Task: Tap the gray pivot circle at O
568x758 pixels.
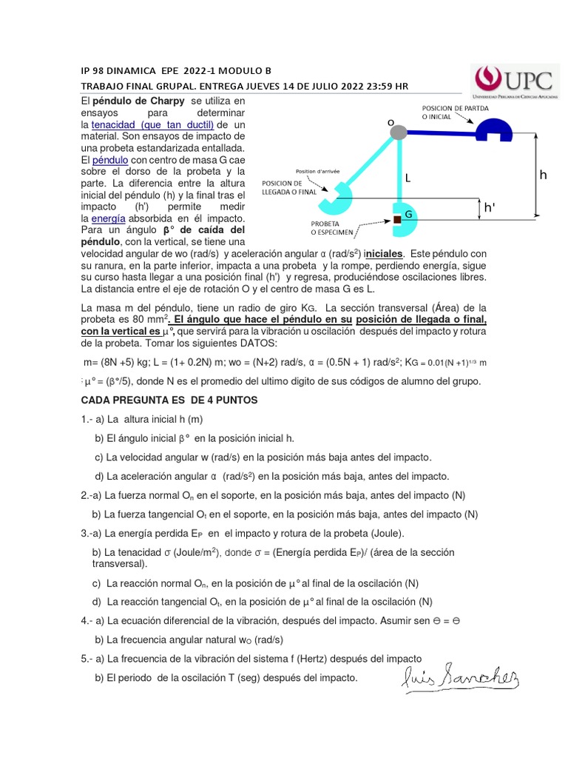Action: (399, 133)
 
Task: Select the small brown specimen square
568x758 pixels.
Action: (397, 219)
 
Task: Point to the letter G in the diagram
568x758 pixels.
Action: (408, 214)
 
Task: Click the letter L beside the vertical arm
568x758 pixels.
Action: (408, 178)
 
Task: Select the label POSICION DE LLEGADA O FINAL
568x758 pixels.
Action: (290, 187)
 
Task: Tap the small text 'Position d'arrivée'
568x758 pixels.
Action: (317, 170)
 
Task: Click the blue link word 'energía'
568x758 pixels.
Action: (108, 219)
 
